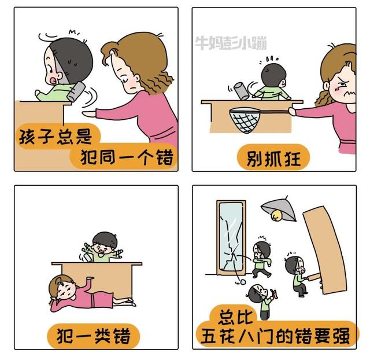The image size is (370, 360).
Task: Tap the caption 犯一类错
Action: coord(94,336)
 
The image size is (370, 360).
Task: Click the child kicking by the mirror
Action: coord(262,256)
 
